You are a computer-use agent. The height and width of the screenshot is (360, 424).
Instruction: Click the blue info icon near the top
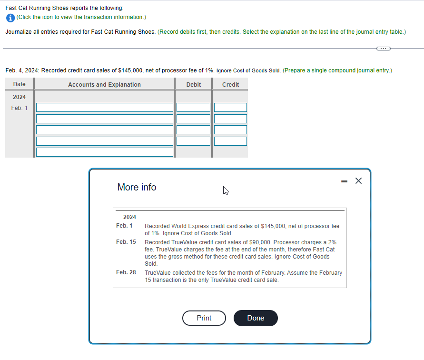coord(10,18)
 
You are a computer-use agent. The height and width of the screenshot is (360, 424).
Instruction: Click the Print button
coord(204,318)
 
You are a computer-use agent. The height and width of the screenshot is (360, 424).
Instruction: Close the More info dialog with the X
coord(359,180)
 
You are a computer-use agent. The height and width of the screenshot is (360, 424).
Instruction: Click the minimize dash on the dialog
coord(344,181)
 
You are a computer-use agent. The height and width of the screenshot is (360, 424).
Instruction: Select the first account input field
coord(105,108)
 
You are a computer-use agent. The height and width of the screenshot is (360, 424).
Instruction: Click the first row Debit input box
coord(194,108)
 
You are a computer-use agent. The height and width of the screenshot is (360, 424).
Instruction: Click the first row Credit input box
coord(230,108)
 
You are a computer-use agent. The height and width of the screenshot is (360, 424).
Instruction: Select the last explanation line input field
coord(105,152)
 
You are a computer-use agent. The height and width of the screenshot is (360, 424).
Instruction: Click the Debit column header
coord(194,84)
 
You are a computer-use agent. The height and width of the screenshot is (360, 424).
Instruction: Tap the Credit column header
coord(230,84)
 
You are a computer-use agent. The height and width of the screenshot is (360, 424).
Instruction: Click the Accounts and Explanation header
coord(104,84)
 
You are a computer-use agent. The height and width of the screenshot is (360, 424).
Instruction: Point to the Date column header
coord(20,84)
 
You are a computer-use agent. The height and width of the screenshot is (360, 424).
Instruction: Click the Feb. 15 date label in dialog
coord(126,242)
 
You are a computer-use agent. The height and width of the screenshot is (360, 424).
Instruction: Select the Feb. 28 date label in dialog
coord(126,272)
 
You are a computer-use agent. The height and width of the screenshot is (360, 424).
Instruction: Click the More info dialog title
coord(137,187)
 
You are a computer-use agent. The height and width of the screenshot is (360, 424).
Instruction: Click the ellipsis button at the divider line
coord(384,48)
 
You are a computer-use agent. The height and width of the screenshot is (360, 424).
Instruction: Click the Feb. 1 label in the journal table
coord(20,108)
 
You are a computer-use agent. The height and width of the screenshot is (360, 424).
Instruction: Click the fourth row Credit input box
coord(230,141)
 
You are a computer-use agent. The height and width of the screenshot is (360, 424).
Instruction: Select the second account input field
coord(105,119)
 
